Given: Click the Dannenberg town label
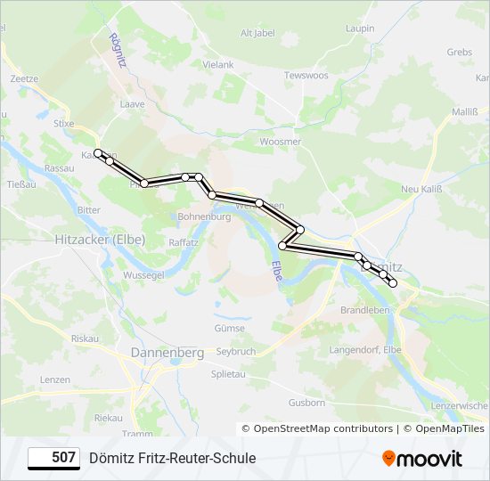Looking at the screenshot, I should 167,353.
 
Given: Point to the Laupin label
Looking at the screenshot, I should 359,29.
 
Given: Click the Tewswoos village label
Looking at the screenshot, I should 306,76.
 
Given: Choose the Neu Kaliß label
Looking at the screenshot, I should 421,189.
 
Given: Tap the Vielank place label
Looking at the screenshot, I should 217,65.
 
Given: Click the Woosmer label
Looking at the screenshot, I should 280,142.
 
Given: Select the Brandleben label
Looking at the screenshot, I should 365,310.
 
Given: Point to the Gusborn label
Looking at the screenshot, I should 307,403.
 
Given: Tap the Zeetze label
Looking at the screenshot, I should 24,78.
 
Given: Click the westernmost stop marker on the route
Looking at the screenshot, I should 98,153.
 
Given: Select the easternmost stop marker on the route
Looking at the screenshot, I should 392,283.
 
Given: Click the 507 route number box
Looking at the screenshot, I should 54,458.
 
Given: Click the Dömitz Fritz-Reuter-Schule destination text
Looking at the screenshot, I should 172,458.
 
